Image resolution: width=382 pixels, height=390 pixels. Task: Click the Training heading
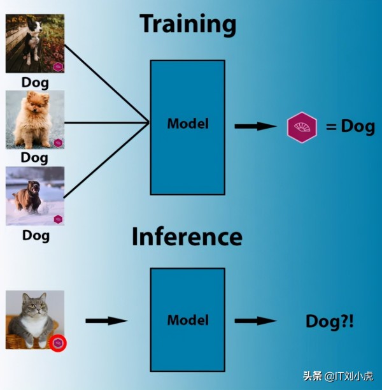coord(188,24)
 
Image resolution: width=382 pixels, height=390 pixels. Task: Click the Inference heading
coord(187,236)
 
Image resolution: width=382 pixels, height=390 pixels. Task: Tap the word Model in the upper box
coord(188,124)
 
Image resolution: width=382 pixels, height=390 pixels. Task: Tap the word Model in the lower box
coord(188,320)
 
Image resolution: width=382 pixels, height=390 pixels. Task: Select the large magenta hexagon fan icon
coord(302,127)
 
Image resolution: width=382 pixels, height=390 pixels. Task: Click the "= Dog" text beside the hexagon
coord(350,127)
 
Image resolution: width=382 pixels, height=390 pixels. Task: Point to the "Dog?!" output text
coord(330,321)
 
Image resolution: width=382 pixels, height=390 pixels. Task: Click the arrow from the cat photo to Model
coord(106,321)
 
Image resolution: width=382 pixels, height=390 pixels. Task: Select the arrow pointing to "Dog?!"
coord(256,321)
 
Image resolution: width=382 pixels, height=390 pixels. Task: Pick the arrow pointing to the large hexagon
coord(256,126)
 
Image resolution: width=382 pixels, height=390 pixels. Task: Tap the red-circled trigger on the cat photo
coord(58,343)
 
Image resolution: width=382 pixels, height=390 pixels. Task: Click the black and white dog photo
coord(35,43)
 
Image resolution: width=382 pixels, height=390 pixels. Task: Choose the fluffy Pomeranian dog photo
coord(35,120)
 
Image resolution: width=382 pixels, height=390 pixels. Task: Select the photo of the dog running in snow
coord(35,196)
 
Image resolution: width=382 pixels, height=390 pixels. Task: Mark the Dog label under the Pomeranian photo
coord(34,158)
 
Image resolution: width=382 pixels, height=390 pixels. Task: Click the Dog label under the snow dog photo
coord(36,236)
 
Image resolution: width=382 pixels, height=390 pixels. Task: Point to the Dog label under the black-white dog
coord(35,83)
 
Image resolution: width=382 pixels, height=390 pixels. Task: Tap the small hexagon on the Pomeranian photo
coord(58,143)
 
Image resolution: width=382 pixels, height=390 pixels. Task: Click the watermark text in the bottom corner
coord(338,377)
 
